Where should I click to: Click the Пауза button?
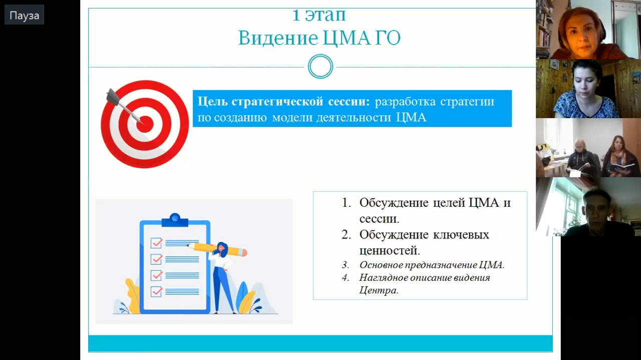(x=25, y=15)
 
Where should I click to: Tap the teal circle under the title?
(x=320, y=67)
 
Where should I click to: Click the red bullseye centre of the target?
(x=145, y=124)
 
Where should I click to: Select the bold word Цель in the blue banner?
(x=212, y=101)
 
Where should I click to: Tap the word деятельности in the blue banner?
(x=354, y=117)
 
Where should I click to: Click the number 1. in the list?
(x=346, y=203)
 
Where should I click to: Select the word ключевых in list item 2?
(x=461, y=235)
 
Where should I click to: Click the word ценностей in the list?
(x=390, y=251)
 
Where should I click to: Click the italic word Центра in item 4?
(x=379, y=290)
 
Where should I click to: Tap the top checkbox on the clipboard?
(x=156, y=243)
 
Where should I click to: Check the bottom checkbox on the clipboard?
(x=156, y=291)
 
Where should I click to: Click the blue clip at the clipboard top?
(x=175, y=220)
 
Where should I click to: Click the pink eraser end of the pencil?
(x=244, y=252)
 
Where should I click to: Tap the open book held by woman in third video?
(x=619, y=167)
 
